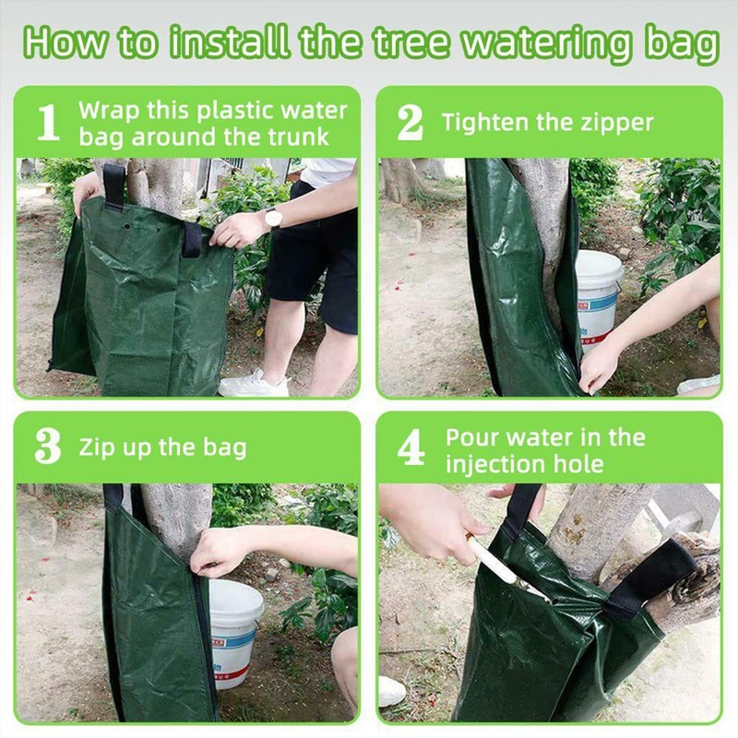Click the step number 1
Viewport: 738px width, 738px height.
point(48,123)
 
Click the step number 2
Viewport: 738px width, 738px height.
point(410,123)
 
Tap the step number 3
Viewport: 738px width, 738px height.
point(47,447)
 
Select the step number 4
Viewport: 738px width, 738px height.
point(411,448)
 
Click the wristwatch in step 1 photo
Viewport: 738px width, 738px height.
point(272,218)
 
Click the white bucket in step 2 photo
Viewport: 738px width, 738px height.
point(598,295)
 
